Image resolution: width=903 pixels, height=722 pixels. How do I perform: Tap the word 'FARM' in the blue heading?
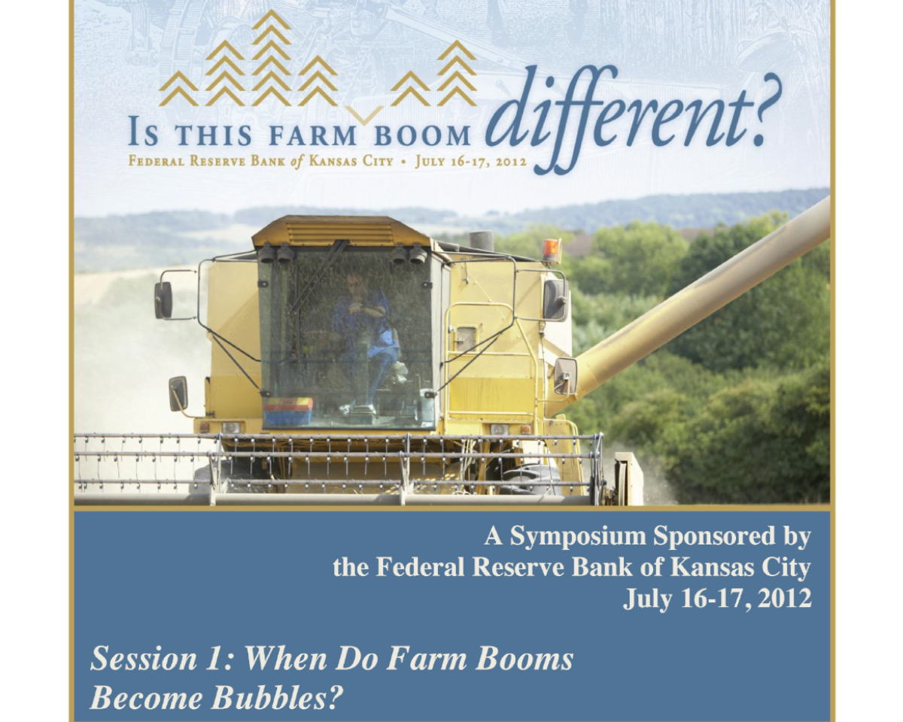coord(312,135)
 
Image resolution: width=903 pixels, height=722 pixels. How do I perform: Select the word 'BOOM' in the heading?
coord(422,135)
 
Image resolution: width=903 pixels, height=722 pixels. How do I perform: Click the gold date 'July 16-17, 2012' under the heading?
coord(470,162)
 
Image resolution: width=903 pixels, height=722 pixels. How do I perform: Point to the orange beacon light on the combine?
coord(552,250)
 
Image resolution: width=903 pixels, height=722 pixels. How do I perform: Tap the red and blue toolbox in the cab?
coord(288,411)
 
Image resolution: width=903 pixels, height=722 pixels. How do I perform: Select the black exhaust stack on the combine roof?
coord(481,240)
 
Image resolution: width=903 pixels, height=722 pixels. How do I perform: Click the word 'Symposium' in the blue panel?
coord(578,536)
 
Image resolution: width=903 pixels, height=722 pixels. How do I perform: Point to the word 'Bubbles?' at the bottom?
coord(277,698)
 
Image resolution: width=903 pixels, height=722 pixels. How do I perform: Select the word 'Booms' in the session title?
coord(524,658)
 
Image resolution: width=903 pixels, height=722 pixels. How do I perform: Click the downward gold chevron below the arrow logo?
coord(363,115)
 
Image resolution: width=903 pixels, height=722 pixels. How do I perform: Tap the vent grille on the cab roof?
coord(340,233)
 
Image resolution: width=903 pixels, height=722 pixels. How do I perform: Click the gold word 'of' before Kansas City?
coord(296,162)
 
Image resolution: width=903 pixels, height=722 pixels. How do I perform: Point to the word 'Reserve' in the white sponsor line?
coord(518,567)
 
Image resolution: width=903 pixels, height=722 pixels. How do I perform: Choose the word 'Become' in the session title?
coord(147,698)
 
